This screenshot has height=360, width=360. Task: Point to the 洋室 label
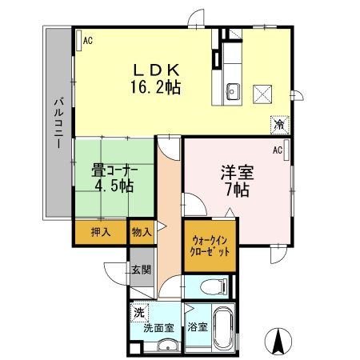pos(236,172)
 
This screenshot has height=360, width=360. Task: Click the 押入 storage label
pos(101,232)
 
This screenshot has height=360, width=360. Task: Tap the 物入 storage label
pos(141,232)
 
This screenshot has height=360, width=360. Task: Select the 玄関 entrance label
pos(141,269)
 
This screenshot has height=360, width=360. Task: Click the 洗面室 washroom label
pos(157,327)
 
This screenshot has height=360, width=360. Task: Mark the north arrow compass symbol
pos(279,342)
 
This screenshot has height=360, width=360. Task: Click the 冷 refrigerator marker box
pos(280,126)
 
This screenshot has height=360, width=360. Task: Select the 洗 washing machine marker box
pos(141,312)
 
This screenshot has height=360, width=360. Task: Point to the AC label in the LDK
pos(87,39)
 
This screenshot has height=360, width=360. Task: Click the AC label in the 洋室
pos(278,149)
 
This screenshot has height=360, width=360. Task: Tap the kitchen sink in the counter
pos(233,89)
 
